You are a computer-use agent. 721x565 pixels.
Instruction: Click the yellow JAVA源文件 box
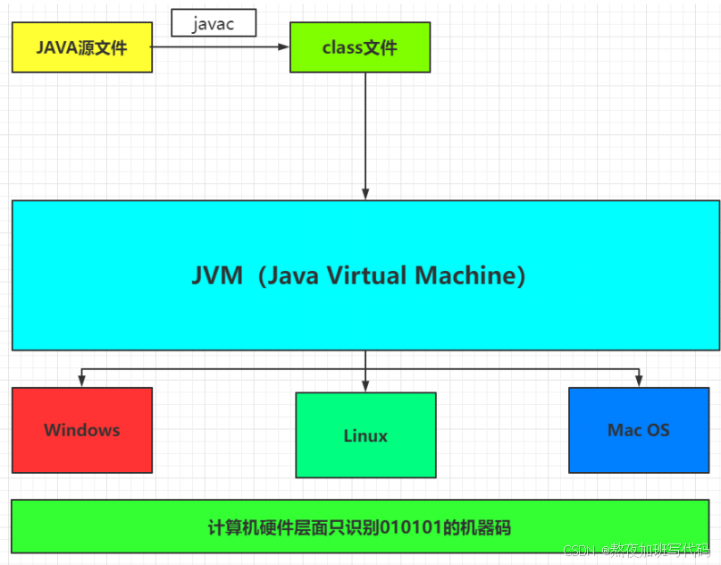pyautogui.click(x=81, y=47)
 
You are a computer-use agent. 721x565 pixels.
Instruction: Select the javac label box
pyautogui.click(x=214, y=24)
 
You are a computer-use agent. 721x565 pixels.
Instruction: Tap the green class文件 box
pyautogui.click(x=359, y=47)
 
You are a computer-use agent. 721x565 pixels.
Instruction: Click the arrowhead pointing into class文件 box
pyautogui.click(x=283, y=47)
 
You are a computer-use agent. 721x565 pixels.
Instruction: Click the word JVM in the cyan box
pyautogui.click(x=217, y=275)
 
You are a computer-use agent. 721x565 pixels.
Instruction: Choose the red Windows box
pyautogui.click(x=81, y=430)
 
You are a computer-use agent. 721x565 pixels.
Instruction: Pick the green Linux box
pyautogui.click(x=365, y=435)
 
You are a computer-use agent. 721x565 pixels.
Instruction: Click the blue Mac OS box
pyautogui.click(x=638, y=430)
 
